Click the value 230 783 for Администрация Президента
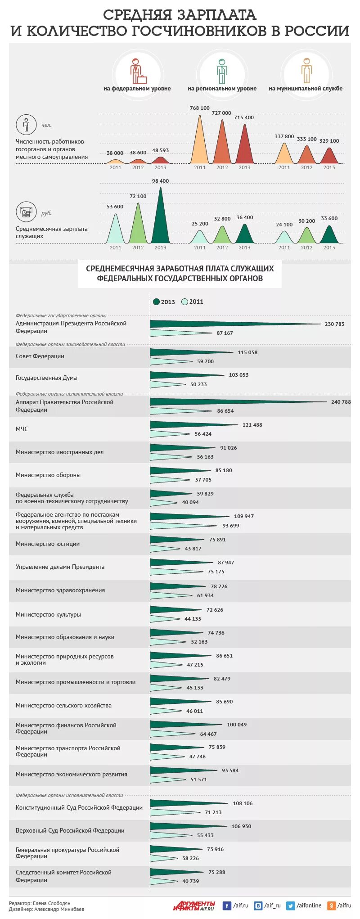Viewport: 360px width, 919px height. pos(334,324)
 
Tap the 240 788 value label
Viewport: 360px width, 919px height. pos(341,402)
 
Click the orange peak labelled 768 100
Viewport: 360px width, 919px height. pos(199,144)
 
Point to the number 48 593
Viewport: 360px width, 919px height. pos(160,150)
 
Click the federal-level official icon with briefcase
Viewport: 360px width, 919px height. pos(137,72)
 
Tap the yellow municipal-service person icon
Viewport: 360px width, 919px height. pos(307,71)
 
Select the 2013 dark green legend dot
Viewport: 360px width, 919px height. pos(156,302)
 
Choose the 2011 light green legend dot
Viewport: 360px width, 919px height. pos(184,302)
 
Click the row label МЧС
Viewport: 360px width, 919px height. pos(22,429)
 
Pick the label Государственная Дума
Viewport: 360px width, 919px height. pos(46,378)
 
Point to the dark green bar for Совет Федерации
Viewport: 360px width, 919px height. pos(189,353)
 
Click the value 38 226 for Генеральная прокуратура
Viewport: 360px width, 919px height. pos(190,858)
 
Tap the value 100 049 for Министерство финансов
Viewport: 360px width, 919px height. pos(237,725)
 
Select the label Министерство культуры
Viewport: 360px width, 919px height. pos(48,614)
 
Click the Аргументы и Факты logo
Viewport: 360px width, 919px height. pos(194,906)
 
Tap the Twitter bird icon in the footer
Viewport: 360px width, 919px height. pos(290,906)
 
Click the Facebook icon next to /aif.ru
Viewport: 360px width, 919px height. pos(227,906)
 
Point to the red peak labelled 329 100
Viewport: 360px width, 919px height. pos(329,156)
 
